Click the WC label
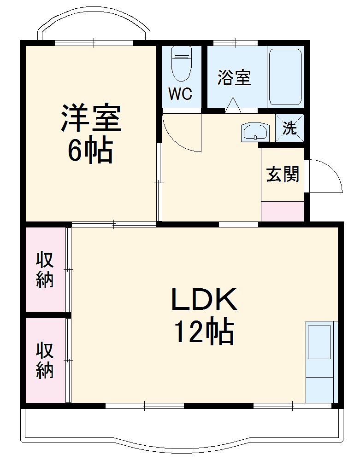point(180,94)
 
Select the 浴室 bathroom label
point(234,77)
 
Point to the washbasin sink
point(255,132)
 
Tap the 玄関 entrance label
point(283,174)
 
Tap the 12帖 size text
point(204,332)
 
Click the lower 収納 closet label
point(45,361)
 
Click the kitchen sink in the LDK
point(319,342)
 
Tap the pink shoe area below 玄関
point(283,211)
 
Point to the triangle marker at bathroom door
point(233,105)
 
